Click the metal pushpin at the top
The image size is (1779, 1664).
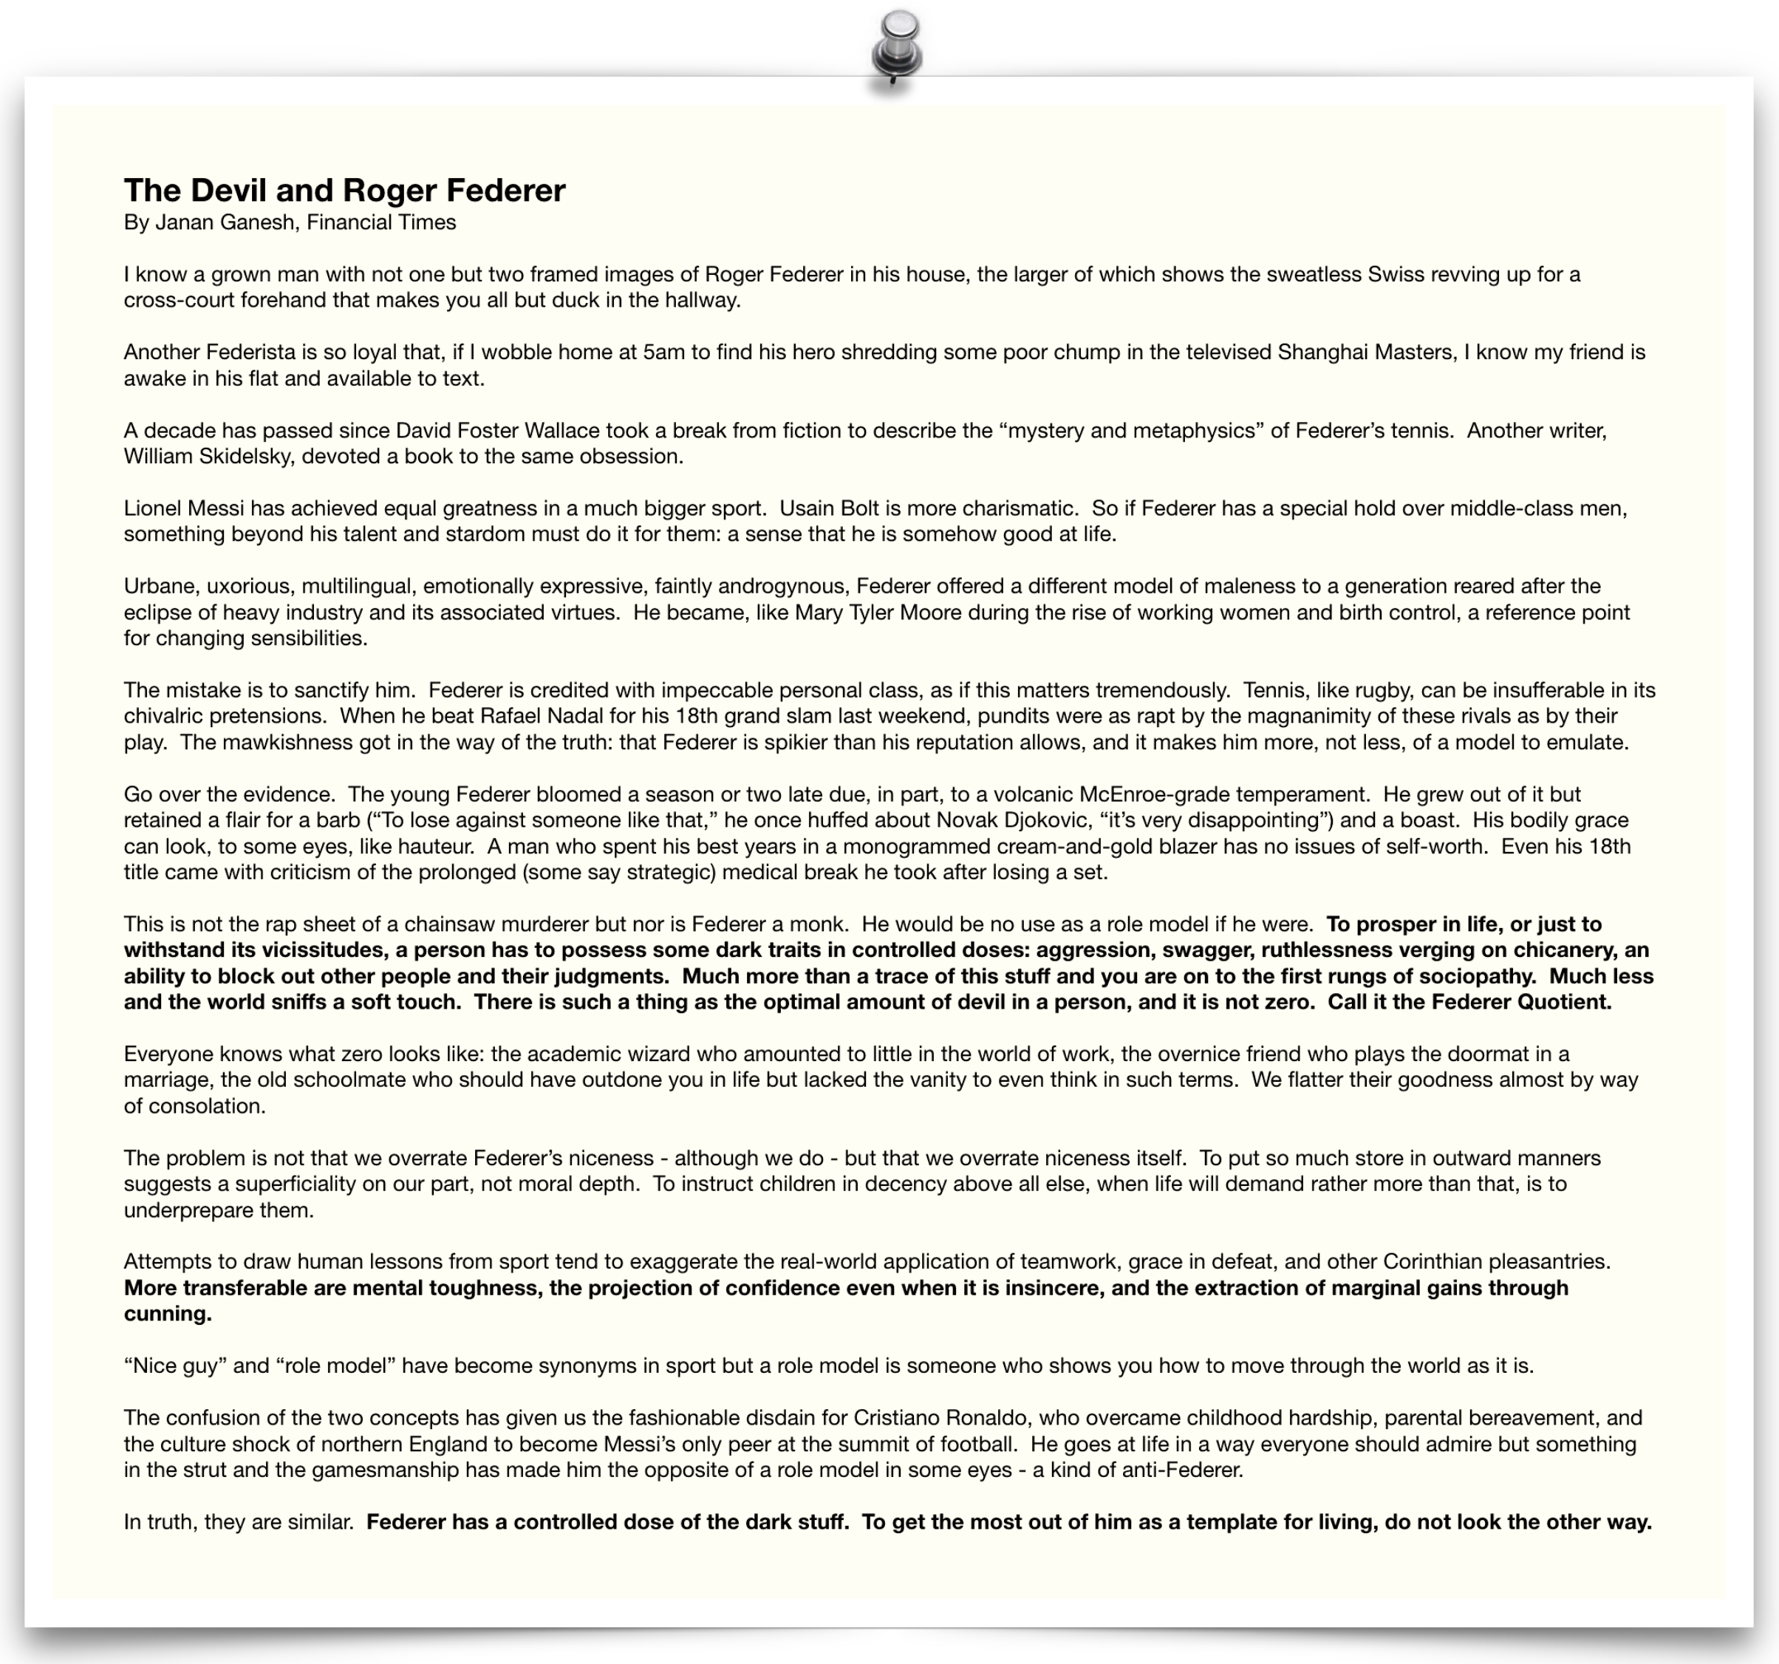coord(897,45)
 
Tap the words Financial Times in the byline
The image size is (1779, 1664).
coord(381,223)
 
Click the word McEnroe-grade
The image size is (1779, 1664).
coord(1144,794)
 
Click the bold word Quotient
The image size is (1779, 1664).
coord(1564,1002)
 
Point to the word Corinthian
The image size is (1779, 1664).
coord(1436,1262)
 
